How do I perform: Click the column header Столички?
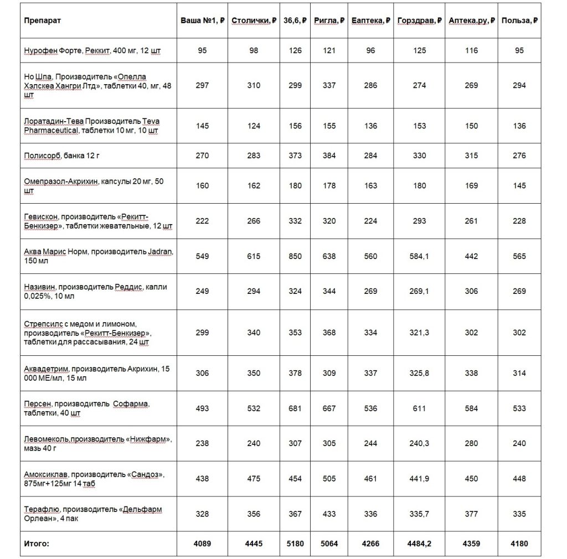point(254,20)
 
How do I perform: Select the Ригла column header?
point(329,20)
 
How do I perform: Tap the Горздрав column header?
point(419,20)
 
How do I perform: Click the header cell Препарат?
point(42,20)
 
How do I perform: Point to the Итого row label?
point(37,544)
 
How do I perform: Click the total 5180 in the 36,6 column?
point(296,544)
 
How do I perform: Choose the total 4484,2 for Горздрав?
point(419,544)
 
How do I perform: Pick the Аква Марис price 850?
point(296,256)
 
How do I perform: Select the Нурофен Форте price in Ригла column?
point(329,50)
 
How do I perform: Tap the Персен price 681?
point(296,408)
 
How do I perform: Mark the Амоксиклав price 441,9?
point(419,479)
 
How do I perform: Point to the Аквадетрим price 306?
point(203,373)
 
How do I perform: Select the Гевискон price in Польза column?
point(519,221)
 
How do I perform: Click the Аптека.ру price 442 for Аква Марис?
point(471,256)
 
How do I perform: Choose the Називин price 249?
point(203,291)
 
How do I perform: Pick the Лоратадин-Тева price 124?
point(254,126)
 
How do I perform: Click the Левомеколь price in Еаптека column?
point(370,443)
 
